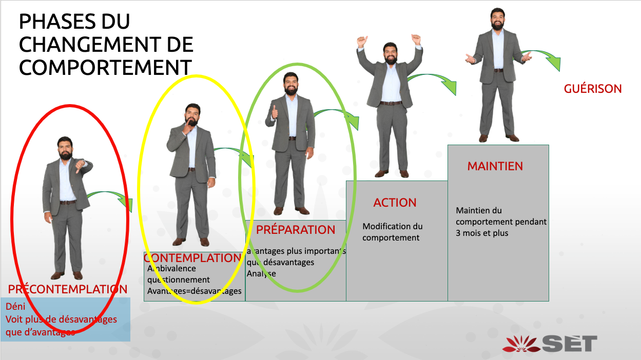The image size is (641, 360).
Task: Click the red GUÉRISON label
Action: (593, 89)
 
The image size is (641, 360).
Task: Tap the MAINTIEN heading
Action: (495, 166)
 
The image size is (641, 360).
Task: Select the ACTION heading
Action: (395, 203)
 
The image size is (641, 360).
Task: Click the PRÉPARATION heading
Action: (296, 230)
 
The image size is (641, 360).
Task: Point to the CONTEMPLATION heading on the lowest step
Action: (193, 258)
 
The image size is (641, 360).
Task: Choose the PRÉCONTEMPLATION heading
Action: (68, 289)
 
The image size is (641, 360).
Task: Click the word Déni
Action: (15, 307)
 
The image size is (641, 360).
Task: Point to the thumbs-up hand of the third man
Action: (274, 112)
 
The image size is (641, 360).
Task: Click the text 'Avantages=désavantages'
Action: (194, 291)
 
